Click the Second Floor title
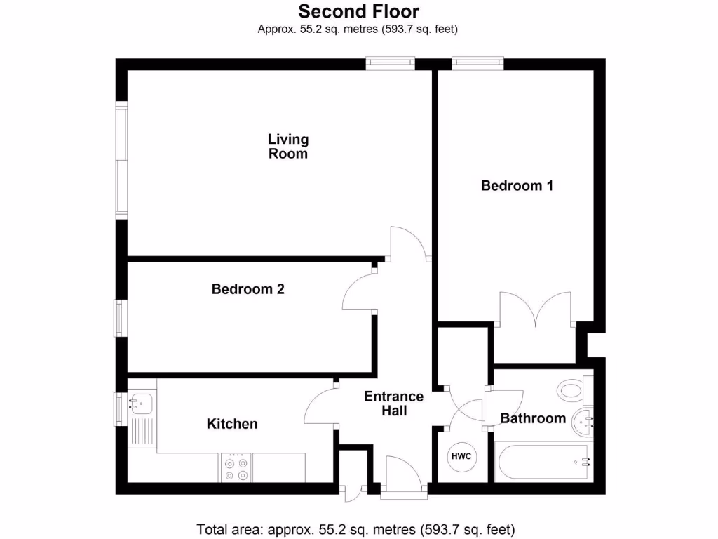point(358,11)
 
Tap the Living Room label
point(288,147)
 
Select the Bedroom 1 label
point(517,186)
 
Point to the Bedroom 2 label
point(248,288)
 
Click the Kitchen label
point(231,424)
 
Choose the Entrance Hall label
point(393,404)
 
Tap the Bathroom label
point(532,418)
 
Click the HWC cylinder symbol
point(461,457)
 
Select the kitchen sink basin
point(141,403)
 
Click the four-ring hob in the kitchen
point(236,468)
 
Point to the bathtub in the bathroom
point(542,462)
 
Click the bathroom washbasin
point(583,421)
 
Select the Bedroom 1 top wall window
point(477,63)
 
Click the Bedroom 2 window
point(121,317)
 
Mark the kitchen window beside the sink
point(120,408)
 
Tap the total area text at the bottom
point(356,528)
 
